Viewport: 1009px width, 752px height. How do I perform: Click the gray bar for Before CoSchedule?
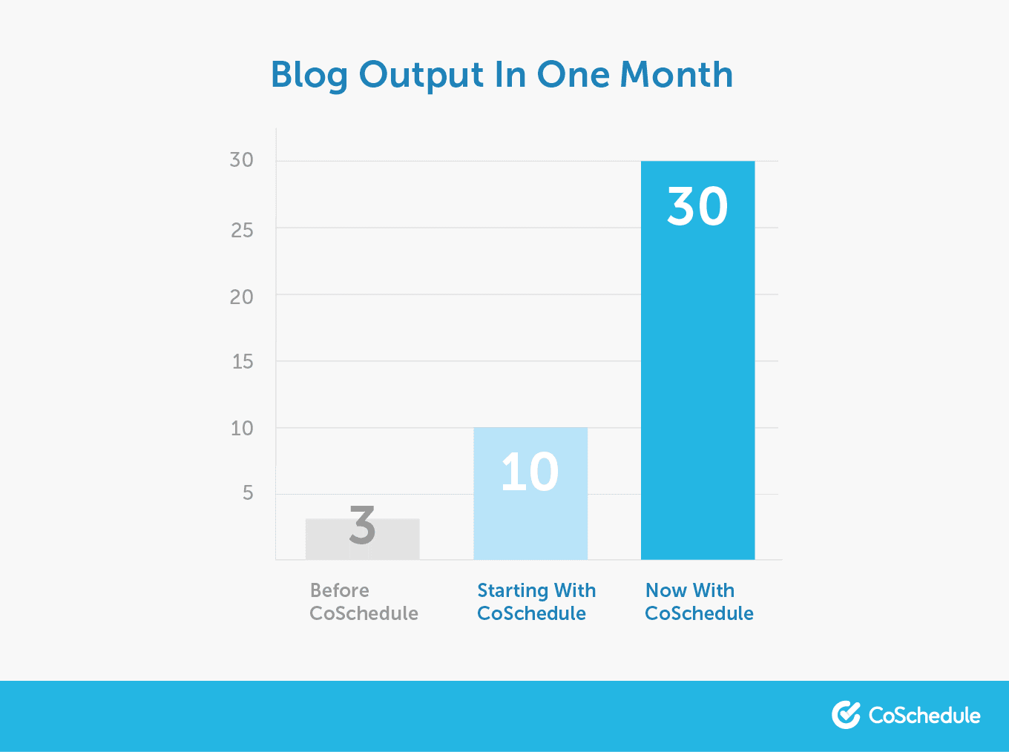coord(362,539)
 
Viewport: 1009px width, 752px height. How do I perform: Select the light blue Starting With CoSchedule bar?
coord(530,493)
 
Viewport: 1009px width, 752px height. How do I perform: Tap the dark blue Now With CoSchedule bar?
coord(698,360)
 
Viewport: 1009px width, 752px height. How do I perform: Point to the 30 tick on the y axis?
coord(242,160)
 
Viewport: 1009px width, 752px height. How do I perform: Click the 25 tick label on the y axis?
coord(242,231)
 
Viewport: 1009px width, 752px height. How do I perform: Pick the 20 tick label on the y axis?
coord(242,297)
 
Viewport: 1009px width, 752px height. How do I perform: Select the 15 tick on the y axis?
coord(243,362)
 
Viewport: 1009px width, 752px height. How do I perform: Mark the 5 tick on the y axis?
coord(248,493)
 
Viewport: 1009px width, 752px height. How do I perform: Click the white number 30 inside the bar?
coord(698,206)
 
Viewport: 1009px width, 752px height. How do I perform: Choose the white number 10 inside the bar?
coord(530,472)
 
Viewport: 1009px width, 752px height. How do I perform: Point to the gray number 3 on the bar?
coord(363,524)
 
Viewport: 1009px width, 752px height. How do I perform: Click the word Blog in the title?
coord(309,76)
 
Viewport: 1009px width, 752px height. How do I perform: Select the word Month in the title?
coord(676,74)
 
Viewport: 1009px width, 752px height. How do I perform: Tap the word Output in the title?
coord(421,76)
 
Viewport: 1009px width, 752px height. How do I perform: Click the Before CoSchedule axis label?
coord(364,601)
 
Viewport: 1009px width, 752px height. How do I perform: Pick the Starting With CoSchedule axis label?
coord(536,601)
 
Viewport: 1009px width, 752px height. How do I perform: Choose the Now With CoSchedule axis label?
coord(699,601)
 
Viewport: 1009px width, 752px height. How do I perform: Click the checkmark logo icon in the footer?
coord(846,715)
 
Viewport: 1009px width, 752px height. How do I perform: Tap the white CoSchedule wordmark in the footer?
coord(924,715)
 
